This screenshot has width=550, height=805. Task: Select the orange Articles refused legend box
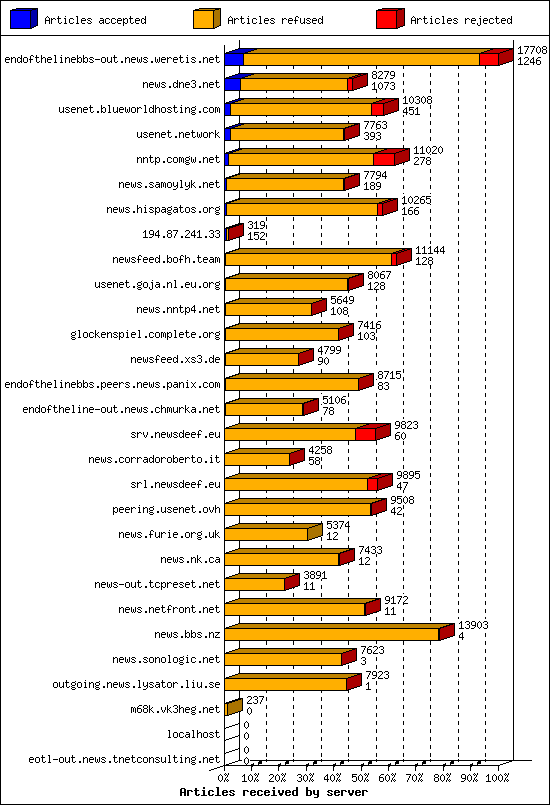point(206,19)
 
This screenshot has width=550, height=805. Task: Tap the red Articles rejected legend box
point(389,19)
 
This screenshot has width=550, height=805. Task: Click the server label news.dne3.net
point(181,84)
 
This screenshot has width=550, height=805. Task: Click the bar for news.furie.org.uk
point(268,534)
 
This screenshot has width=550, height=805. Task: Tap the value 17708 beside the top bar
point(530,49)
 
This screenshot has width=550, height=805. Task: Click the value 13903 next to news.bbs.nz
point(473,624)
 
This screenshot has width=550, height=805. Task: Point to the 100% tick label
point(497,776)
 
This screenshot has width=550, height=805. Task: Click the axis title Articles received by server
point(273,791)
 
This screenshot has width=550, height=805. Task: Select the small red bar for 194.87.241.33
point(233,233)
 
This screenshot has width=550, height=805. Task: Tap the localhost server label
point(193,734)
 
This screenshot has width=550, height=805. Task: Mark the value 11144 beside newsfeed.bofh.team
point(430,249)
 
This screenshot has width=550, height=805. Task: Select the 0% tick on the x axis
point(224,776)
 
